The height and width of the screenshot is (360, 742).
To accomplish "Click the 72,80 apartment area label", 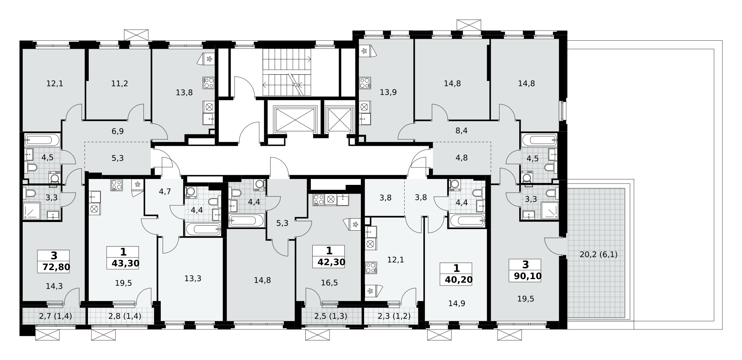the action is click(54, 267).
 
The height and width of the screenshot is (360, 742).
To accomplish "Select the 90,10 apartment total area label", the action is click(525, 276).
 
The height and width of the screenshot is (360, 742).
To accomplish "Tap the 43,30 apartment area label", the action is click(123, 263).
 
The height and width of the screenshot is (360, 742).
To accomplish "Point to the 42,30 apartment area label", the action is click(329, 262).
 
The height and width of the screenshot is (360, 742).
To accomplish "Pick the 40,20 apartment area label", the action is click(456, 280).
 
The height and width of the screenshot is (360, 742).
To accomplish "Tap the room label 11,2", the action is click(120, 83).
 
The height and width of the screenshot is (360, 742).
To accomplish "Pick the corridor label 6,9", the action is click(118, 131).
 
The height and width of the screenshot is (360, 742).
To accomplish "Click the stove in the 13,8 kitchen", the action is click(208, 83).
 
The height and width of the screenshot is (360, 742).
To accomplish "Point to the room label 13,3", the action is click(193, 278).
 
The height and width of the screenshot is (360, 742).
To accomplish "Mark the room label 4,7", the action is click(165, 192).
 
